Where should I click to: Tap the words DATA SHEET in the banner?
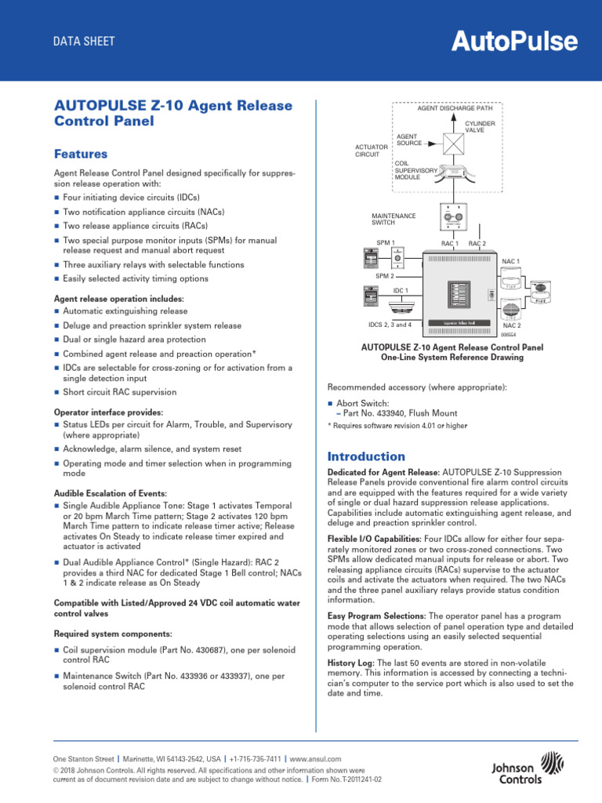(x=84, y=42)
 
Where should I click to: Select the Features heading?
(x=80, y=154)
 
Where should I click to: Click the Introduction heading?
(x=366, y=456)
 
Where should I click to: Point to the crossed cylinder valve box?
(x=454, y=144)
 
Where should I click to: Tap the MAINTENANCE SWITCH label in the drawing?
(x=393, y=220)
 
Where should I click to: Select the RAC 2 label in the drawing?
(x=477, y=244)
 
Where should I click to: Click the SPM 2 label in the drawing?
(x=384, y=276)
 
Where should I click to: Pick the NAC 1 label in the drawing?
(x=511, y=260)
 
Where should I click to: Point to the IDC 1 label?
(x=401, y=291)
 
